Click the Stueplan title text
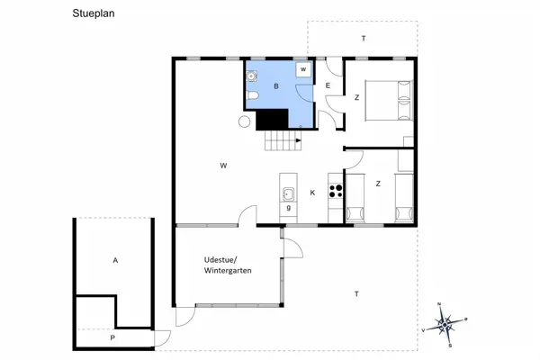(94, 13)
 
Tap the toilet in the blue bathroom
(252, 95)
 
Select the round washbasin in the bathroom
(251, 76)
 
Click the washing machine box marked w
(303, 69)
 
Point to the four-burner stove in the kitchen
(336, 191)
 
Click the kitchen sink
(288, 194)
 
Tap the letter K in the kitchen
(312, 193)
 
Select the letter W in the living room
(223, 166)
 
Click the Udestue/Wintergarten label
(228, 265)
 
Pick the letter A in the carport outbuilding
(115, 260)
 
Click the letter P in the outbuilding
(112, 338)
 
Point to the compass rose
(445, 324)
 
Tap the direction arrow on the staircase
(298, 140)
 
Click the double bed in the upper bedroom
(389, 100)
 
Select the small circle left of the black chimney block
(244, 121)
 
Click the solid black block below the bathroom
(272, 120)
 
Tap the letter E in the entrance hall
(328, 85)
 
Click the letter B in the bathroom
(276, 86)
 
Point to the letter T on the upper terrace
(364, 38)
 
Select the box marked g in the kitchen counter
(288, 208)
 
